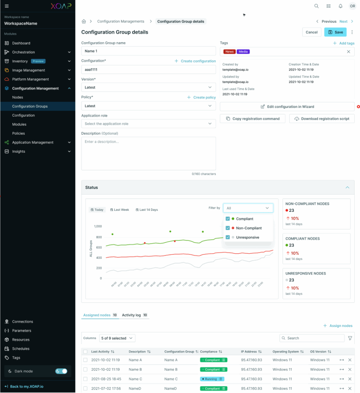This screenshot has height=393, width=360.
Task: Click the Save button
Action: [335, 32]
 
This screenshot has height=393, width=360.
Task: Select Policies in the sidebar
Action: [18, 134]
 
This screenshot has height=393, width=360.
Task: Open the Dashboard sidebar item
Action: [21, 43]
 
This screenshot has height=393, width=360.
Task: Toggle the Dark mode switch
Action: [61, 371]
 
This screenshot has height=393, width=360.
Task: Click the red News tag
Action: [229, 52]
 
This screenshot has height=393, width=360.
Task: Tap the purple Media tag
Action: [243, 52]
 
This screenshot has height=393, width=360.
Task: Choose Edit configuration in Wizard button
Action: [287, 107]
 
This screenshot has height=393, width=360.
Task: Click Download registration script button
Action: [322, 119]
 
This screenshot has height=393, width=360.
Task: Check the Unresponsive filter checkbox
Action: [228, 238]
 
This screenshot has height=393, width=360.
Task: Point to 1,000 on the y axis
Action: [98, 226]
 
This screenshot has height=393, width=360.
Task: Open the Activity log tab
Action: [131, 315]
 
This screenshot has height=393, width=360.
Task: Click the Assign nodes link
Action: [338, 326]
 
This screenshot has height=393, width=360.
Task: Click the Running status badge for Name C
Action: [212, 379]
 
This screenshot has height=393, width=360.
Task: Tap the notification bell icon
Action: [340, 6]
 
